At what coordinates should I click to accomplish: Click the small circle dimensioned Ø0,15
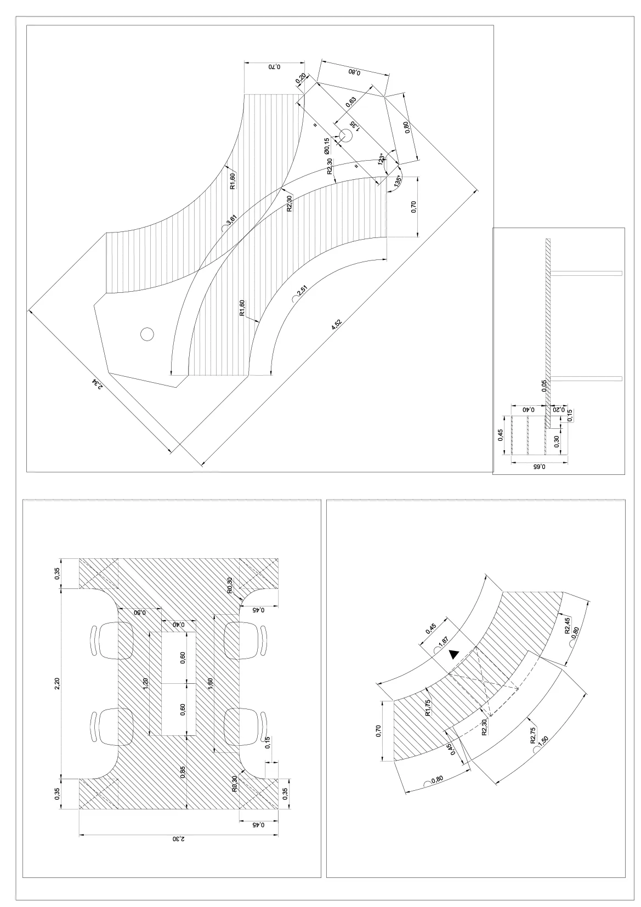(x=346, y=134)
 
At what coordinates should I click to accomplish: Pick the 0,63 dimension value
(x=351, y=101)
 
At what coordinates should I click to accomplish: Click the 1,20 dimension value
(x=145, y=683)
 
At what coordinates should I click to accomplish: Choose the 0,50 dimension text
(x=140, y=613)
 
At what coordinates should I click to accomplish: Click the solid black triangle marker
(x=453, y=654)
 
